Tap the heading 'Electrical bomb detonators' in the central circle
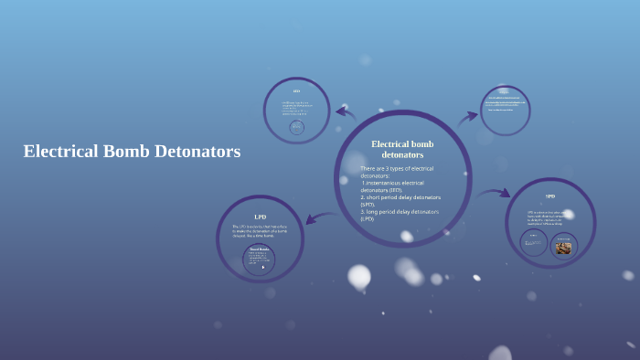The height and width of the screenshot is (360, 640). pos(402,149)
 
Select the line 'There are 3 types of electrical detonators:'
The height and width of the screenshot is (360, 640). pos(397,172)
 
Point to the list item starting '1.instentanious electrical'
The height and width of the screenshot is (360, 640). pos(396,186)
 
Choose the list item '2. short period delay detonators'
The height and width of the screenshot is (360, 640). pos(400,200)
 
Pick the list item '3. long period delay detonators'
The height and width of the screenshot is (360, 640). pos(400,215)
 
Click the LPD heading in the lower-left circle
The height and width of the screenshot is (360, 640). pos(260,217)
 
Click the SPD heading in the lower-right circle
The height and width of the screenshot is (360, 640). pos(550,196)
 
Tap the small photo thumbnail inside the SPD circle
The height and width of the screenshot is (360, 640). pos(563,247)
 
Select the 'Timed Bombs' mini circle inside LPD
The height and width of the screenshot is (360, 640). pos(259,259)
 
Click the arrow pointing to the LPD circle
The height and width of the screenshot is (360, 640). pos(320,217)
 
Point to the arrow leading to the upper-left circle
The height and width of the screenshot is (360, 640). pos(345,113)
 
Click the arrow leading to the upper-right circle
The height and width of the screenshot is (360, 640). pos(468,116)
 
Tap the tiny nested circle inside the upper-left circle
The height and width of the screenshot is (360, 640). pos(296,128)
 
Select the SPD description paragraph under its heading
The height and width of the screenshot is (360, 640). pos(550,217)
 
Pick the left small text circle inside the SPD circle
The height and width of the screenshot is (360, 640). pos(534,243)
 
